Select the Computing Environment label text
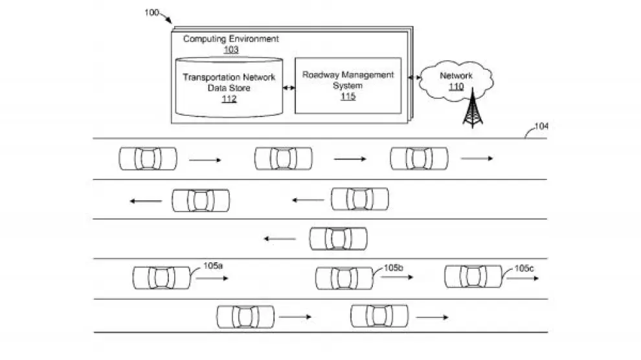pos(231,39)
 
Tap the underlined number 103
pos(231,50)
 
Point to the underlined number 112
pos(229,99)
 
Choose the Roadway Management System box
pos(348,85)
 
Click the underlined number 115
pos(348,96)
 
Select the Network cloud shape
pos(456,81)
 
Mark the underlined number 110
pos(456,86)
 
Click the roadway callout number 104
pos(540,126)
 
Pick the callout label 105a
pos(213,266)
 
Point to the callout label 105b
pos(394,267)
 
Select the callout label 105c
pos(524,267)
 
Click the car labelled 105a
pos(161,278)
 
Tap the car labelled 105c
pos(473,276)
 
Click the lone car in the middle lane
pos(338,238)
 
